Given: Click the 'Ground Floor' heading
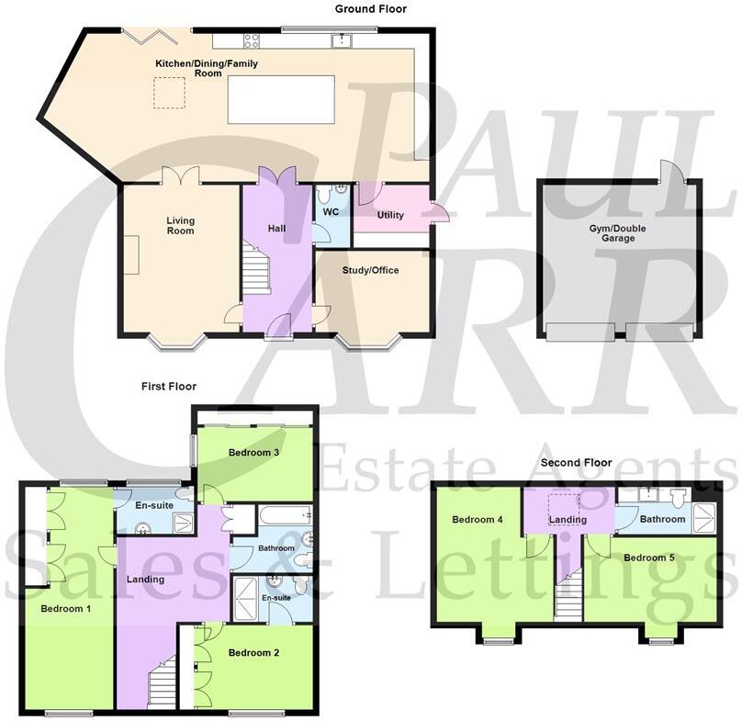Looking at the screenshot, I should pyautogui.click(x=370, y=9).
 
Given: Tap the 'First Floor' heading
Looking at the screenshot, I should pyautogui.click(x=168, y=387).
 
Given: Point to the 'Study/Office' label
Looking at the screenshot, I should pyautogui.click(x=370, y=270).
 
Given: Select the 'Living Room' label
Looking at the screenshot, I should pyautogui.click(x=180, y=225).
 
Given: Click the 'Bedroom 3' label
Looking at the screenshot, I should pyautogui.click(x=254, y=453).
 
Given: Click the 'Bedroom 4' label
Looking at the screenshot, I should pyautogui.click(x=477, y=520).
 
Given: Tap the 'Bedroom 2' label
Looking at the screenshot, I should pyautogui.click(x=254, y=653).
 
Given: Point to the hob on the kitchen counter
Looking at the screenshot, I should pyautogui.click(x=251, y=40).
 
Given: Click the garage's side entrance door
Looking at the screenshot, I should pyautogui.click(x=672, y=172).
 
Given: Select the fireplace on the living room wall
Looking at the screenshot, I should pyautogui.click(x=130, y=253).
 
